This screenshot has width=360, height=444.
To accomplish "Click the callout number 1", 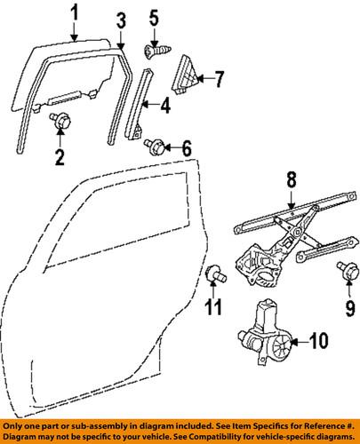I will [x=76, y=12].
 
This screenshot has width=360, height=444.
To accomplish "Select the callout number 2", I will [x=59, y=159].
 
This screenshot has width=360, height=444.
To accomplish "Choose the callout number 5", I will [x=153, y=16].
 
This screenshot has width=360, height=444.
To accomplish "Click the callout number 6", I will [x=187, y=147].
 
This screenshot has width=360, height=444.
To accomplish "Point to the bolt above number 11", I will [x=214, y=273].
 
